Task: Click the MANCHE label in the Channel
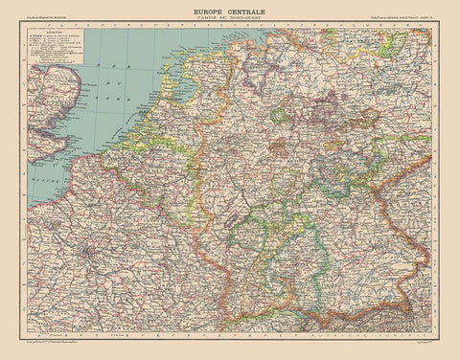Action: [x=40, y=179]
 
